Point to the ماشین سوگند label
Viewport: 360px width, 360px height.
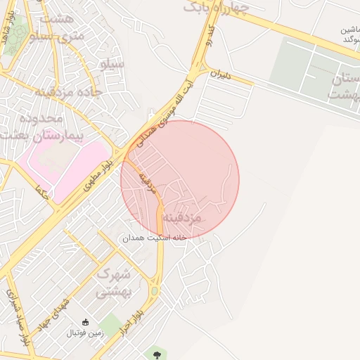point(345,34)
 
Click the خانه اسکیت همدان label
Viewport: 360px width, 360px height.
point(155,238)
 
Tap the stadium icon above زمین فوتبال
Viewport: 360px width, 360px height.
point(85,321)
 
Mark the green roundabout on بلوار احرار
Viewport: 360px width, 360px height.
point(154,290)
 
